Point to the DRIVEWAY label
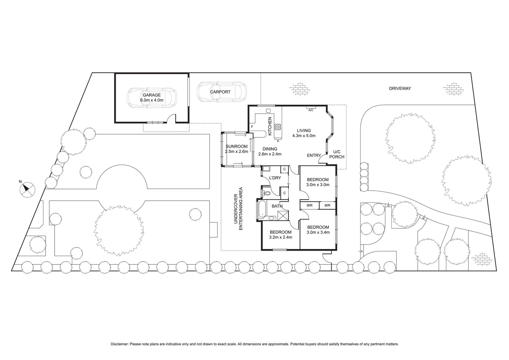click(400, 88)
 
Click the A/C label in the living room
click(310, 110)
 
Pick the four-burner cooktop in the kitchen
click(277, 127)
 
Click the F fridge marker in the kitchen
click(252, 127)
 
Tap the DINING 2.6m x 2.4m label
click(270, 151)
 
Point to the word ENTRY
click(314, 155)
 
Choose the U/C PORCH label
click(336, 154)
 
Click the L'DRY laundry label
click(275, 178)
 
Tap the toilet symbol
click(266, 193)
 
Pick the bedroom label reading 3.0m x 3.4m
click(318, 230)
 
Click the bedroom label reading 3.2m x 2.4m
click(280, 235)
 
